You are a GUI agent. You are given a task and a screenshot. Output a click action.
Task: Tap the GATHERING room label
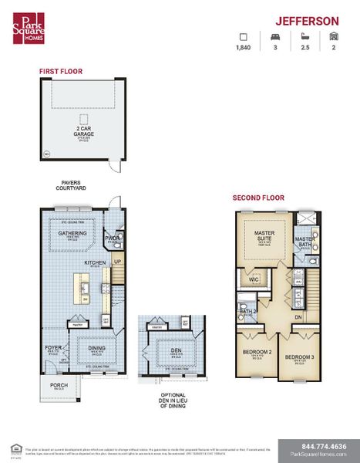click(72, 232)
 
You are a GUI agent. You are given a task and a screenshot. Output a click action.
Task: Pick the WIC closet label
click(253, 280)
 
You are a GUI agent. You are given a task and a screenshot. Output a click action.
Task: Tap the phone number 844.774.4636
click(318, 445)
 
